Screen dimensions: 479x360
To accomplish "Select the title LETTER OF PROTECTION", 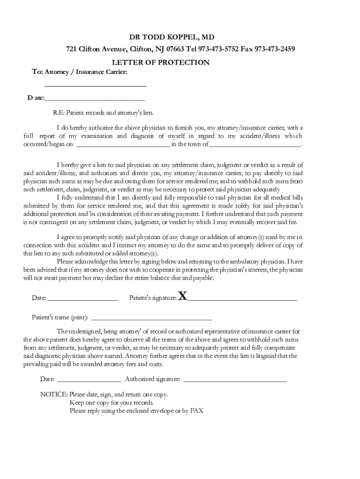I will click(160, 63).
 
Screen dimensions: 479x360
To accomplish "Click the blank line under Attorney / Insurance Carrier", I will click(95, 86).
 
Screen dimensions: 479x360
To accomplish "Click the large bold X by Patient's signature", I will click(183, 296).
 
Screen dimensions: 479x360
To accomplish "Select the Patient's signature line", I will click(242, 298).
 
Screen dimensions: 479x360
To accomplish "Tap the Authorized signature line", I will click(235, 380).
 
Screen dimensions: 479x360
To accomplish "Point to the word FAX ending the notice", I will click(196, 411).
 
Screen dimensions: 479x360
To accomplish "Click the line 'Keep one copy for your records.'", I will click(111, 403).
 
